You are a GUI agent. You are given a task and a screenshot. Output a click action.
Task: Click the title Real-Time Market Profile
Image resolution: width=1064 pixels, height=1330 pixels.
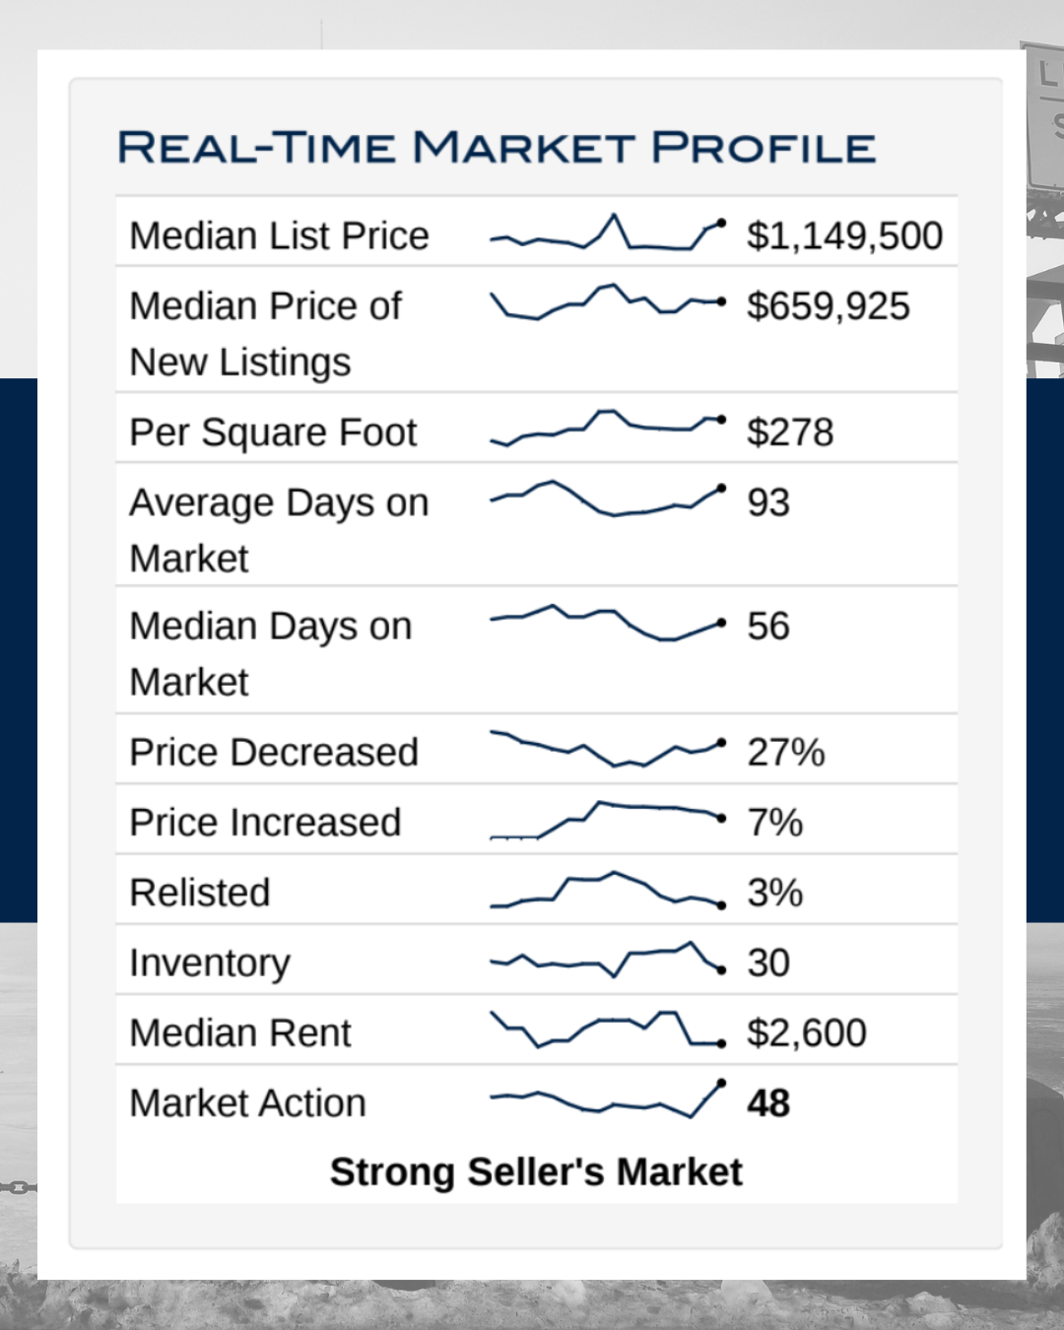pos(496,148)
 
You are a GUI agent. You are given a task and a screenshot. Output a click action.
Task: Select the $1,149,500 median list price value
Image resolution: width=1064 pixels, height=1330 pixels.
pos(844,236)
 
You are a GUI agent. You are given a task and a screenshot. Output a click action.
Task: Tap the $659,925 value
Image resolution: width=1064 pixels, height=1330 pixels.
pos(828,306)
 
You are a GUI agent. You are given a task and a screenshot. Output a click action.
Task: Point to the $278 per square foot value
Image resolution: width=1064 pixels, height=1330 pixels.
pos(790,432)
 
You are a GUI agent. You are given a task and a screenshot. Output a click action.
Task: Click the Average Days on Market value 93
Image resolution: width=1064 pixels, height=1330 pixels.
pos(768,502)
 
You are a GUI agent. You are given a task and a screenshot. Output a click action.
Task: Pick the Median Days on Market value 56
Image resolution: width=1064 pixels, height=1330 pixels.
pos(768,627)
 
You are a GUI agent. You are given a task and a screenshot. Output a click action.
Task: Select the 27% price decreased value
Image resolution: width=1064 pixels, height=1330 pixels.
pos(785,753)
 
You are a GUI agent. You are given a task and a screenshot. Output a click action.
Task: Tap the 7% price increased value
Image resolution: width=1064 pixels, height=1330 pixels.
pos(774,823)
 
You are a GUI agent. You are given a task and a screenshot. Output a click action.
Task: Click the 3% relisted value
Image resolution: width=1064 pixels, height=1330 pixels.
pos(774,893)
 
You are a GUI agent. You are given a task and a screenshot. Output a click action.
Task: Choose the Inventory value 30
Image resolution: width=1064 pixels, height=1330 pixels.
pos(768,963)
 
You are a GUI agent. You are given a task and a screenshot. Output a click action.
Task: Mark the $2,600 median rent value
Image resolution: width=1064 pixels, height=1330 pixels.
pos(806,1033)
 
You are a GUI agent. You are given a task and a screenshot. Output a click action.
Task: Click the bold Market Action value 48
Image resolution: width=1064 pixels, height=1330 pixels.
pos(768,1103)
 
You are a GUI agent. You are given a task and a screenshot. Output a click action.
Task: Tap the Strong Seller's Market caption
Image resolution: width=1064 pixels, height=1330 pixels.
pos(536,1172)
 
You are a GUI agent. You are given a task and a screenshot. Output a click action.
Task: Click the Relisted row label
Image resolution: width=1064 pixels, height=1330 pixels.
pos(200,893)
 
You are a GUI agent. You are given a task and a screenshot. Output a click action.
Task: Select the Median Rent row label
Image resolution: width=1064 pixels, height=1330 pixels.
pos(240,1033)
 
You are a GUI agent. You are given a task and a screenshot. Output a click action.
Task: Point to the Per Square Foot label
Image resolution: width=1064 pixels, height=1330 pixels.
pos(273,432)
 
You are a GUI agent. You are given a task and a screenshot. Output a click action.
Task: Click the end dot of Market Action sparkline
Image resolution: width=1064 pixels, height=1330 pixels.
pos(722,1083)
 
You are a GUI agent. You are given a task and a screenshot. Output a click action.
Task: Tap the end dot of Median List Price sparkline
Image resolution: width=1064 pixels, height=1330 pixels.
pos(722,223)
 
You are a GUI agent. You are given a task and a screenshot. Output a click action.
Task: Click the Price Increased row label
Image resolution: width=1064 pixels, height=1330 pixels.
pos(265,823)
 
